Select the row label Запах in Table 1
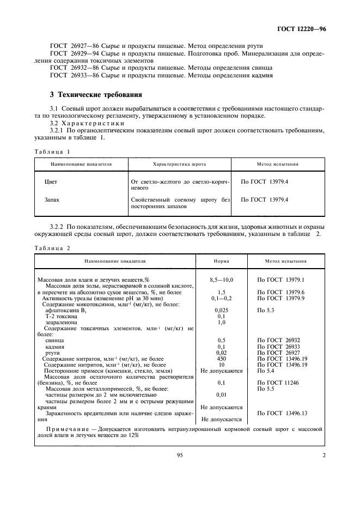(x=52, y=200)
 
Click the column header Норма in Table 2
(x=221, y=261)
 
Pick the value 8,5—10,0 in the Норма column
(x=221, y=280)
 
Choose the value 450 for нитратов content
(x=221, y=359)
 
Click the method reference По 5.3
(x=266, y=309)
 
